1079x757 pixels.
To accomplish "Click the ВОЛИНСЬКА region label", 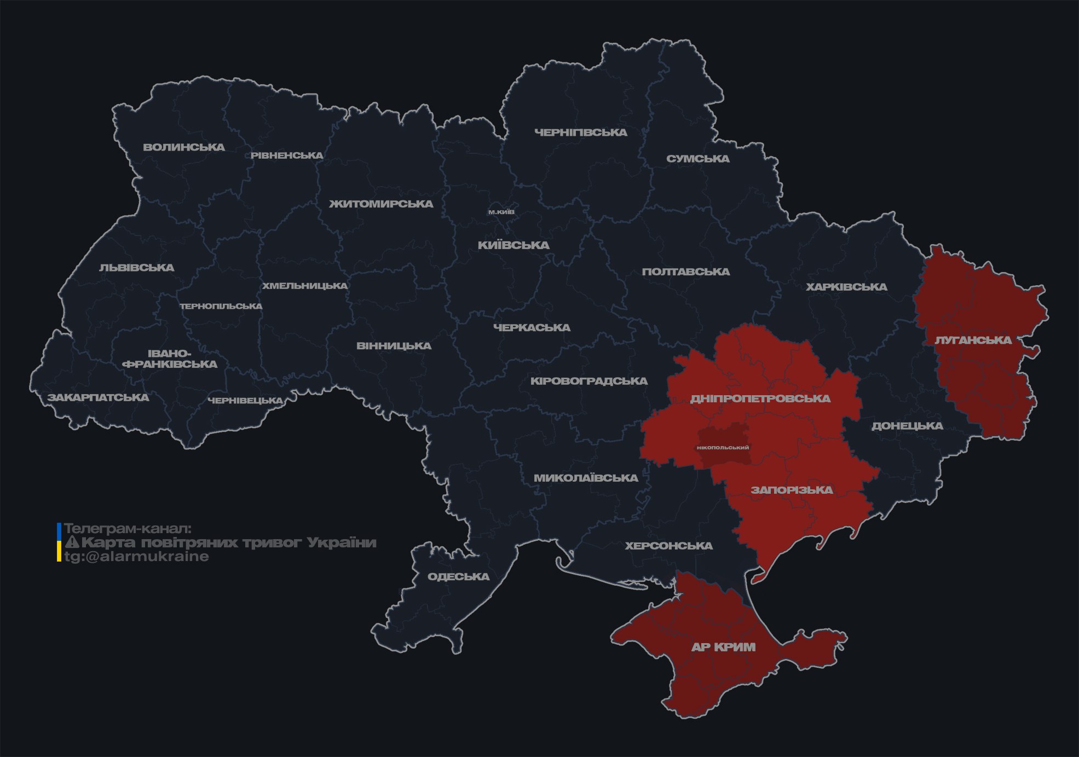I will point(184,147).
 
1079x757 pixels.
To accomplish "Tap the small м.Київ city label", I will point(501,212).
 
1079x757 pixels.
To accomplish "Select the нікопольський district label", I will point(723,447).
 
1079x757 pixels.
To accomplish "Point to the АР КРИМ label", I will point(723,647).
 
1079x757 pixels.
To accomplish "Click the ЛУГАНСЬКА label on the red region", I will point(973,340).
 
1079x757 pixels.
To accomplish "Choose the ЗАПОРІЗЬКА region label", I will point(792,490).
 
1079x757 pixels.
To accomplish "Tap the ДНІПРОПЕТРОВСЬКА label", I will point(760,398).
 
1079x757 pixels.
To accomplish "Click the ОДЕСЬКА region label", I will point(458,576).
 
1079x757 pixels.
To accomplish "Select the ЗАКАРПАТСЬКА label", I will point(98,397).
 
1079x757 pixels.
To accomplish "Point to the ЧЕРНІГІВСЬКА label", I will point(580,132).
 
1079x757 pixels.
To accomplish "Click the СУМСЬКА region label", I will point(697,159).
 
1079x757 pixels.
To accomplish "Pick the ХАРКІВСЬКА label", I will point(846,287).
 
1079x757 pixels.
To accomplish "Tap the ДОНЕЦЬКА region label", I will point(907,426).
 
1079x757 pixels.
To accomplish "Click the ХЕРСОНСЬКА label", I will point(668,546).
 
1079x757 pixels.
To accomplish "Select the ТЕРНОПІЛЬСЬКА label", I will point(221,306).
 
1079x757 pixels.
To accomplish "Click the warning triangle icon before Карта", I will point(72,542).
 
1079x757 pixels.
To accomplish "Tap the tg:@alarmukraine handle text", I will point(136,557).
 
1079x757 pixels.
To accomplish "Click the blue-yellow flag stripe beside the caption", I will point(59,542).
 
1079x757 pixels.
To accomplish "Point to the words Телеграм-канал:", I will point(128,529).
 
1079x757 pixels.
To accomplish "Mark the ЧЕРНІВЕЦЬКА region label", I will point(245,401).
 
